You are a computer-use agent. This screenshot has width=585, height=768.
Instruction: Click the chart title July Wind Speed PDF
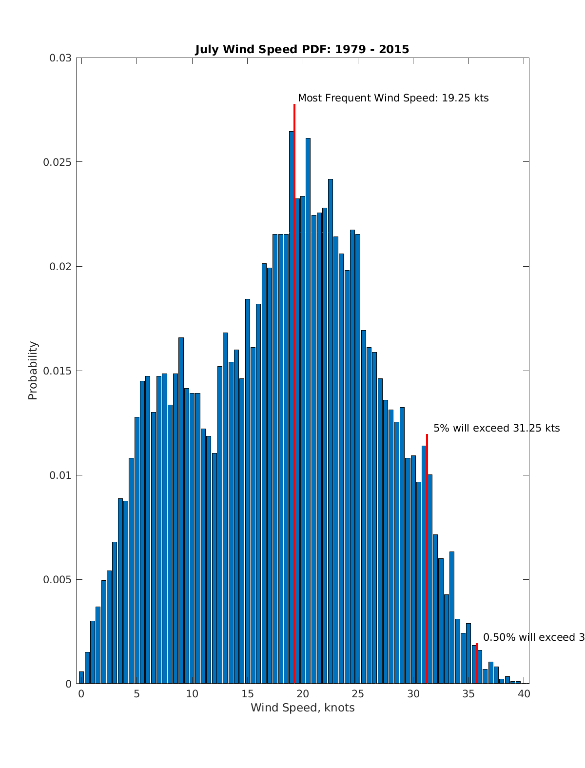coord(302,49)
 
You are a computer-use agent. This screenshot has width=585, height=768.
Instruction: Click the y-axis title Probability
coord(33,371)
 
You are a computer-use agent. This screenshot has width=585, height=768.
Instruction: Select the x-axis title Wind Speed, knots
coord(302,708)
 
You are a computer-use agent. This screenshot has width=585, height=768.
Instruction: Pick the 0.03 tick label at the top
coord(60,58)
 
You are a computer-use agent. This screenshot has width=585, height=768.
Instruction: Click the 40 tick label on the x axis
coord(524,694)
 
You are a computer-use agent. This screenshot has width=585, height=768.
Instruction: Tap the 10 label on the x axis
coord(192,694)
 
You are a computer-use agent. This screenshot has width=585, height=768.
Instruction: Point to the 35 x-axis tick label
coord(469,694)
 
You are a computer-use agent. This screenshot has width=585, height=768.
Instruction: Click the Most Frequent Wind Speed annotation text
coord(393,98)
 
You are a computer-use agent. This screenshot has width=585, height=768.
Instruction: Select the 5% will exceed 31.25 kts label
coord(496,428)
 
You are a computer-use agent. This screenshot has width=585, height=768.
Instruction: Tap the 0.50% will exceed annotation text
coord(533,637)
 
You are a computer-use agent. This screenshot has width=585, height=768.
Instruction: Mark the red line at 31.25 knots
coord(427,561)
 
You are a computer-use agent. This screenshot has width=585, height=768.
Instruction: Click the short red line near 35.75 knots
coord(477,663)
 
